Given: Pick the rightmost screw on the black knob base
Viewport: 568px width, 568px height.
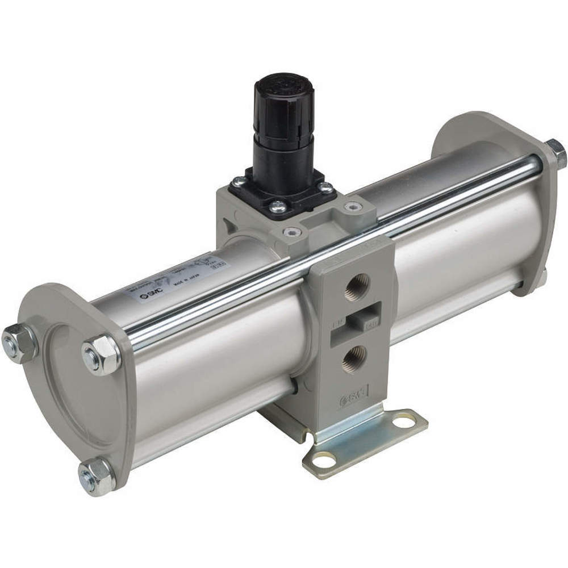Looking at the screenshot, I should tap(325, 187).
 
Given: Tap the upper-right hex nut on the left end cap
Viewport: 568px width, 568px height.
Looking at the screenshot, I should tap(102, 355).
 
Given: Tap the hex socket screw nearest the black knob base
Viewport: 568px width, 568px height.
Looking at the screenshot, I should tap(291, 231).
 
